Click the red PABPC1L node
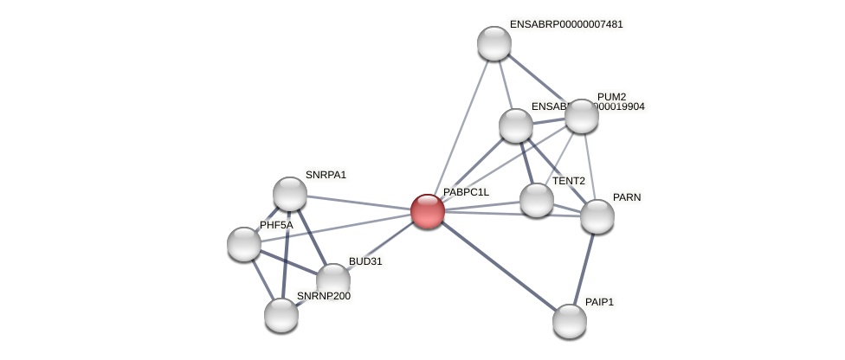point(428,211)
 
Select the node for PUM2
point(582,116)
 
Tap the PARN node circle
point(597,216)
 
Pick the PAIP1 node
point(570,321)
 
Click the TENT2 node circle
point(537,200)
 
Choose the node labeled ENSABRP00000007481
point(494,43)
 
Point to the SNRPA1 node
point(290,194)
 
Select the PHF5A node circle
point(244,244)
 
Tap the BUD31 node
point(333,280)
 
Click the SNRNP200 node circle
point(281,315)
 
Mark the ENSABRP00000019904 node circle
point(516,125)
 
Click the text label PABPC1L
point(466,192)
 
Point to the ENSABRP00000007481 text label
point(566,24)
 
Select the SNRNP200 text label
point(324,296)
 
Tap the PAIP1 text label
point(599,302)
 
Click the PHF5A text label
point(276,225)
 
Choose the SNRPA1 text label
point(326,175)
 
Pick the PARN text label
point(627,197)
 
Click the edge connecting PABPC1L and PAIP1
point(499,266)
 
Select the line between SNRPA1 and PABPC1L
point(359,202)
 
